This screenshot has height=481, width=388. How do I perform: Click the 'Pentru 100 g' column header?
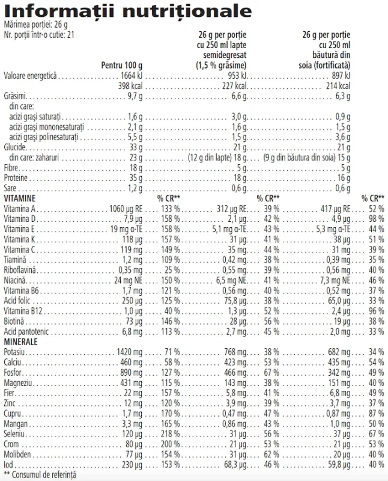(x=123, y=65)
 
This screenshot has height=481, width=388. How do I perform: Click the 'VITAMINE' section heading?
(x=19, y=198)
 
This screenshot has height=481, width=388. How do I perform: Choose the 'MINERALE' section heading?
(x=20, y=341)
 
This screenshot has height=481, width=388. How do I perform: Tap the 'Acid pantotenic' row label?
(x=26, y=331)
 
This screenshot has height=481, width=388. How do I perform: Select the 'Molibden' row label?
(x=18, y=453)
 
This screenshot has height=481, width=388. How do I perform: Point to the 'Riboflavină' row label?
(x=21, y=269)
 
